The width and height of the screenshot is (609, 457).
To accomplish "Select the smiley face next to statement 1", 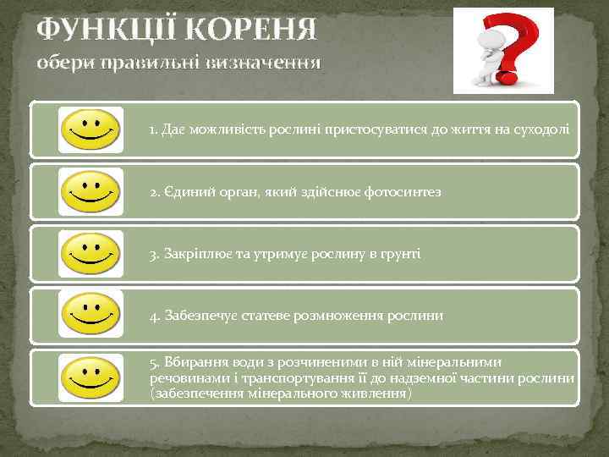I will pyautogui.click(x=91, y=129).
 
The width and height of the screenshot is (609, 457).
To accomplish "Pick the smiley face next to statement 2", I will pyautogui.click(x=91, y=191).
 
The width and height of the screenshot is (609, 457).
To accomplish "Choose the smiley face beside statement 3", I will pyautogui.click(x=91, y=253).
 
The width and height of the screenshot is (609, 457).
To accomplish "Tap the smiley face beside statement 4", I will pyautogui.click(x=91, y=314).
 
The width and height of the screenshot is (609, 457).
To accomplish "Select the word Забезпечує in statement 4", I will pyautogui.click(x=200, y=316).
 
